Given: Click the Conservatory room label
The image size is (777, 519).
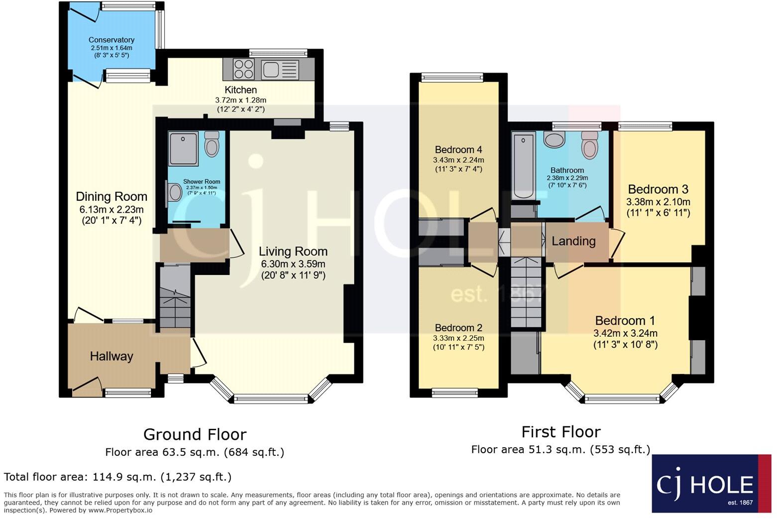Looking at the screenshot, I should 111,40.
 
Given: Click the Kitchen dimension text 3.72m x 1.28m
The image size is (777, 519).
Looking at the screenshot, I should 240,100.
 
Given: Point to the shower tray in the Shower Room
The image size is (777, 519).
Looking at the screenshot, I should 183,148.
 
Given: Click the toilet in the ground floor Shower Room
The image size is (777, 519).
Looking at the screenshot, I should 212,144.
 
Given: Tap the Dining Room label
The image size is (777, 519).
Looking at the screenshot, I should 111,196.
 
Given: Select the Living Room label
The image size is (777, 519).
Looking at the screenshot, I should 293,252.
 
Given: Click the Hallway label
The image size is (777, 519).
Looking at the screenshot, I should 111,356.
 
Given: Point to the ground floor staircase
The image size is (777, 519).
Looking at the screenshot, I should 175,297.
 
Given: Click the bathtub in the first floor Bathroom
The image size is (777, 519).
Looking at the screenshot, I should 523,164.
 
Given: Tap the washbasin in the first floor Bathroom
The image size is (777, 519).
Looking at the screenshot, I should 554,139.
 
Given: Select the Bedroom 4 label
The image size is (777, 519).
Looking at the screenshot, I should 458,149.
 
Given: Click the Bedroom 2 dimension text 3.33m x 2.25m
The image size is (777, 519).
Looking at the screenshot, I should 458,338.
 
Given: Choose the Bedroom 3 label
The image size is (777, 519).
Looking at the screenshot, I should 658,189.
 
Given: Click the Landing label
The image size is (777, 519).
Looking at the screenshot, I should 573,241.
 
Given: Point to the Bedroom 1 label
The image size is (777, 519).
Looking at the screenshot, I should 625,320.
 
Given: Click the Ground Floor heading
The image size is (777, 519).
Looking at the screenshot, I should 195,434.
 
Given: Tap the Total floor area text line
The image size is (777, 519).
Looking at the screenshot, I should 117,477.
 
